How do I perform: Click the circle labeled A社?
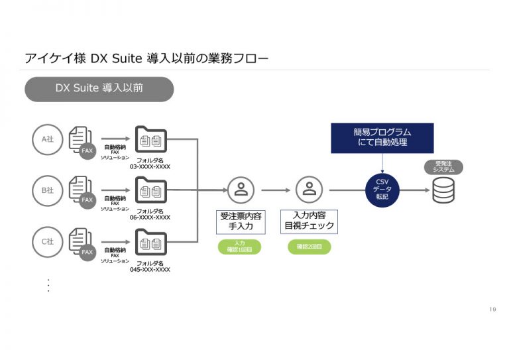(x=47, y=139)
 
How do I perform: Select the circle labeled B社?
(x=47, y=190)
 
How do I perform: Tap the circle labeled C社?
(x=47, y=241)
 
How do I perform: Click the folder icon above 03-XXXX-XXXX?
(x=151, y=140)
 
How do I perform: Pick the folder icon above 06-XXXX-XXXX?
(x=151, y=191)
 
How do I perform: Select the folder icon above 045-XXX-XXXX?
(x=151, y=242)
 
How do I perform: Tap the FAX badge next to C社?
(x=87, y=252)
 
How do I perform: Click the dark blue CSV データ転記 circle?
(x=382, y=191)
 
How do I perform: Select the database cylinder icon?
(x=443, y=191)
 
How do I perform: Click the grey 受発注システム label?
(x=443, y=166)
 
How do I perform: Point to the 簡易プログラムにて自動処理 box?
(x=382, y=138)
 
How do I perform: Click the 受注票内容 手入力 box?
(x=241, y=221)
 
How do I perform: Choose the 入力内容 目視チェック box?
(x=309, y=221)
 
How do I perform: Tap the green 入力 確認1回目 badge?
(x=239, y=247)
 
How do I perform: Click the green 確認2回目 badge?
(x=309, y=247)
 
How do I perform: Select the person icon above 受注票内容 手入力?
(x=241, y=190)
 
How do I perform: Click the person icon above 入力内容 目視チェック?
(x=309, y=190)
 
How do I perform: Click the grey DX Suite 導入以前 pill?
(x=99, y=89)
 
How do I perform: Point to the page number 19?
(x=492, y=310)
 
